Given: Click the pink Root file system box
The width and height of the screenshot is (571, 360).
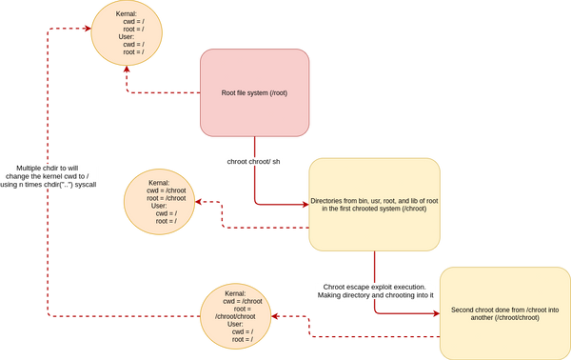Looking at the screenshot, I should pyautogui.click(x=255, y=92).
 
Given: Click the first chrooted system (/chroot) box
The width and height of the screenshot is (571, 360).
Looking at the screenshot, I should pyautogui.click(x=375, y=204).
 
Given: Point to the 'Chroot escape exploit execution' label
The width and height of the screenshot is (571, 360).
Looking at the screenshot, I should pyautogui.click(x=375, y=286).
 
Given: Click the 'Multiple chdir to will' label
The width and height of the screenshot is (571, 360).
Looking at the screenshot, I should pyautogui.click(x=48, y=167).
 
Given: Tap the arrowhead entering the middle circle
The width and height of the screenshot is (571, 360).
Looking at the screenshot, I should pyautogui.click(x=200, y=203).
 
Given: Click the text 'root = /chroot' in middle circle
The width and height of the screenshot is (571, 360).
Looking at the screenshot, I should pyautogui.click(x=166, y=197).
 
